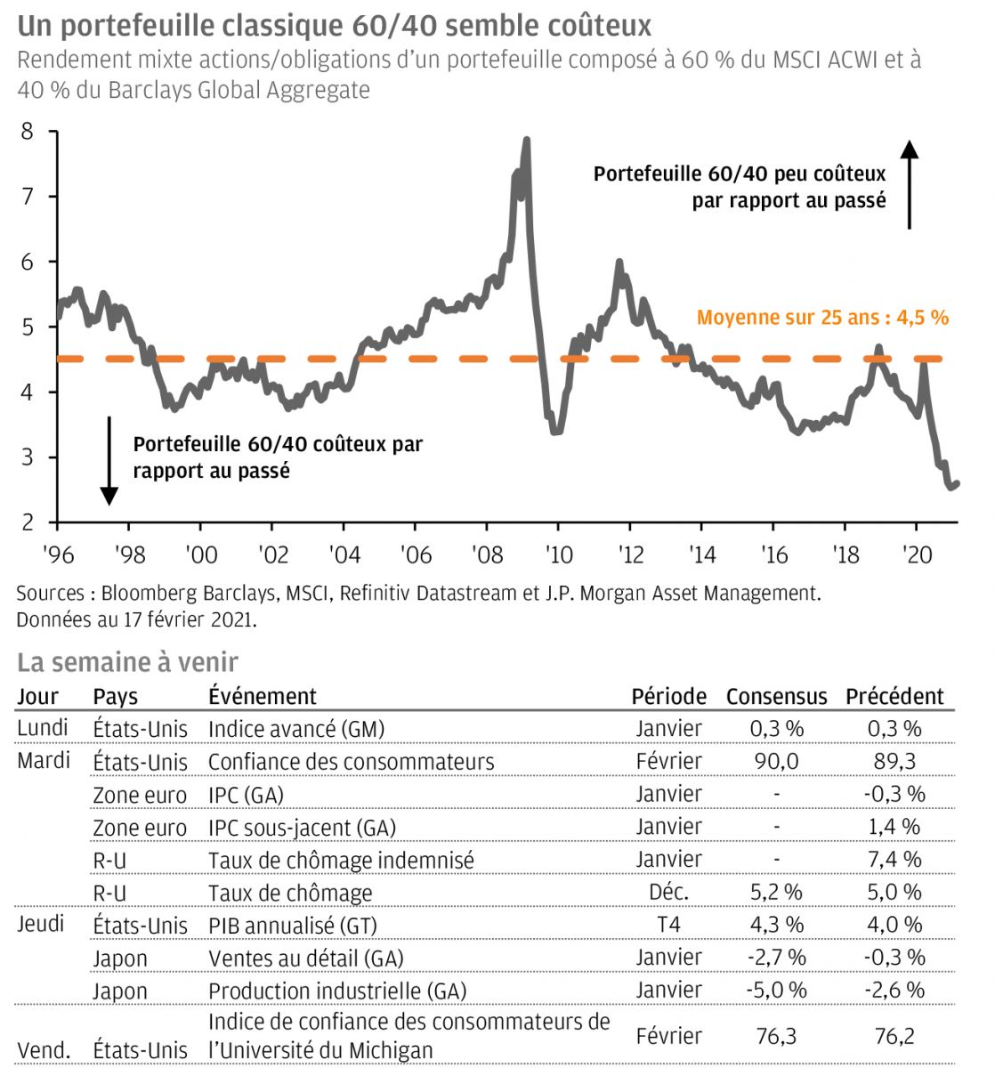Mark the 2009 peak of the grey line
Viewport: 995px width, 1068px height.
pos(526,141)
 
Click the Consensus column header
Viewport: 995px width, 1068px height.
pos(776,696)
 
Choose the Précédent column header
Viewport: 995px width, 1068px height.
pos(894,696)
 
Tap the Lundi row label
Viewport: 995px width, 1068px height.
pos(43,728)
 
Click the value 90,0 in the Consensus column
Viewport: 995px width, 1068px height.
pos(776,762)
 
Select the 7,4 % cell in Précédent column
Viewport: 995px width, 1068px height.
pos(894,860)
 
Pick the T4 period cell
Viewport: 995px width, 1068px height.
pos(668,925)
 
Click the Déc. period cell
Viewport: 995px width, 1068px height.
pos(668,892)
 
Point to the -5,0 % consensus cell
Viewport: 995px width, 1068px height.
pos(776,990)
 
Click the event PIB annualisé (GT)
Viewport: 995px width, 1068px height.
pos(293,926)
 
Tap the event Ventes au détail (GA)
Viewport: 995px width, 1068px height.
pos(305,959)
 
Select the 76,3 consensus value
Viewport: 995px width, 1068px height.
pos(776,1036)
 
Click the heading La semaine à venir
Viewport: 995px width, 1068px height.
pos(127,662)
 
